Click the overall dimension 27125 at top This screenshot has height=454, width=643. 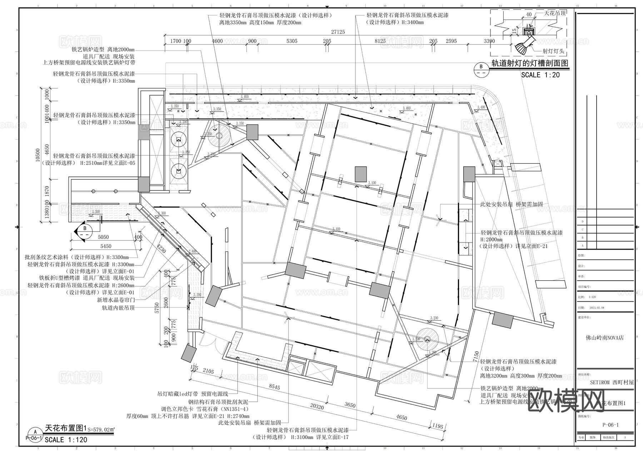point(338,32)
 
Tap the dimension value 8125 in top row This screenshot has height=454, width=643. point(380,41)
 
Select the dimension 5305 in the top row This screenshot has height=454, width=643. point(291,41)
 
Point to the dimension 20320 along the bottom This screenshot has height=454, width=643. point(317,407)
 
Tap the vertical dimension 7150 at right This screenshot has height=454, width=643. point(475,356)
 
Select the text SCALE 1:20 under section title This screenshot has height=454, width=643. point(540,75)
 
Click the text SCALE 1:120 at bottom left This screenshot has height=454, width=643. point(66,440)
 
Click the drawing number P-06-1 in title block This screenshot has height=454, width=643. point(610,425)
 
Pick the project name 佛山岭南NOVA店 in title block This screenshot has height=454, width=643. point(605,337)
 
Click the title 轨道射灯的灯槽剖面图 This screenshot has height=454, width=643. point(530,63)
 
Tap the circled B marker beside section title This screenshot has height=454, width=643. point(481,68)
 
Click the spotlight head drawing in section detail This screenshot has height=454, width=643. point(524,47)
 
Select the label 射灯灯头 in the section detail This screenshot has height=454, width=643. point(553,51)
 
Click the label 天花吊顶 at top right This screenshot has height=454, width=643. point(555,13)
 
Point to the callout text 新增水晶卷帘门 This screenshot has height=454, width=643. point(116,300)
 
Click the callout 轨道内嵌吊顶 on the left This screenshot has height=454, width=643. point(118,307)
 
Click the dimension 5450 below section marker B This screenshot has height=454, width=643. point(106,246)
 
